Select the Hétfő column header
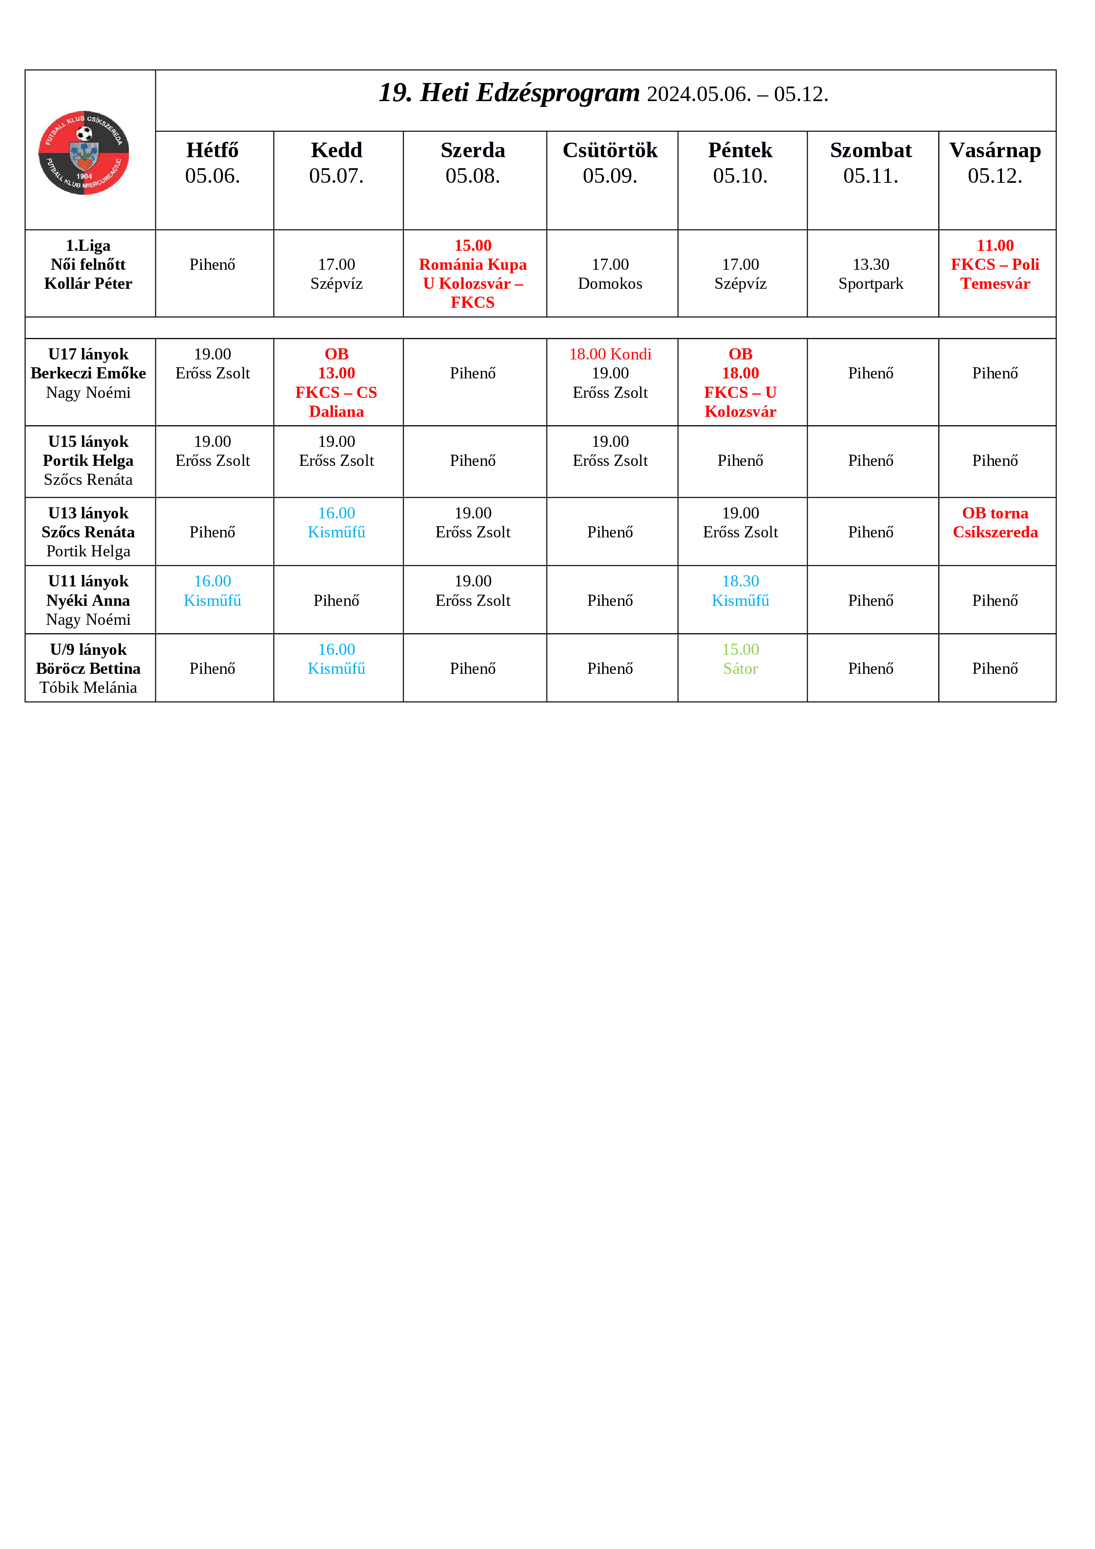pos(212,162)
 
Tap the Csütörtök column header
pos(610,162)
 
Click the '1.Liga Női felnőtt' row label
pos(88,264)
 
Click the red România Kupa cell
pos(473,274)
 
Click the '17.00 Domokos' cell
pos(610,274)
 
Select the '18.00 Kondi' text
pos(610,354)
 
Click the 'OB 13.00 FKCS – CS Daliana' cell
pos(336,382)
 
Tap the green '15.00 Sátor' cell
pos(740,659)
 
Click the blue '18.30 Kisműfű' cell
pos(740,591)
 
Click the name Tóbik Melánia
pos(88,688)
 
